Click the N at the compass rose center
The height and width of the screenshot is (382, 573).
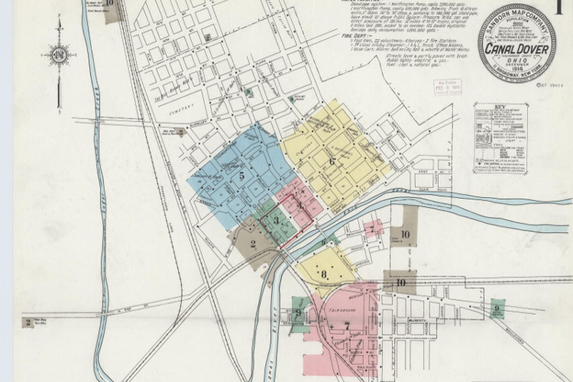click(58, 54)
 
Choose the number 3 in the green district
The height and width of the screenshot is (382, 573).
click(277, 220)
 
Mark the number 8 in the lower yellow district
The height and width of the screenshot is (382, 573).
click(324, 274)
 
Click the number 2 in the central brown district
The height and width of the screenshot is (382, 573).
click(252, 244)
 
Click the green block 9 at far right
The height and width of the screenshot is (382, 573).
click(497, 309)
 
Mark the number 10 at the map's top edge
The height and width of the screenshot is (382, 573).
click(110, 3)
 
